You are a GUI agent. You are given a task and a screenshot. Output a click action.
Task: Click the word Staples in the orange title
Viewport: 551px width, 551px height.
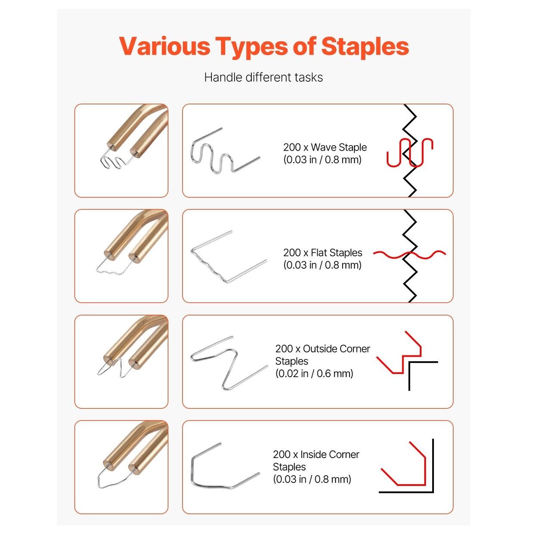[365, 47]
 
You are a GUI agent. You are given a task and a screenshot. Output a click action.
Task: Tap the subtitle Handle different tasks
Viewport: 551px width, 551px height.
[263, 77]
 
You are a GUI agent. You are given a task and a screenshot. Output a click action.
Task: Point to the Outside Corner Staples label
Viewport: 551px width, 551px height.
[322, 355]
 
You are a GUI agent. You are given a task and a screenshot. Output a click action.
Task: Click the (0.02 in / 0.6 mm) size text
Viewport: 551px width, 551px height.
[314, 374]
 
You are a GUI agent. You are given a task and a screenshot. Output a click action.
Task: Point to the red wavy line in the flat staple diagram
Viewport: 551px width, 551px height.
[409, 254]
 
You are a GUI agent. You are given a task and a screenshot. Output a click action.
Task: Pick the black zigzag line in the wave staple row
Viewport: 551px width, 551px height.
[409, 151]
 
